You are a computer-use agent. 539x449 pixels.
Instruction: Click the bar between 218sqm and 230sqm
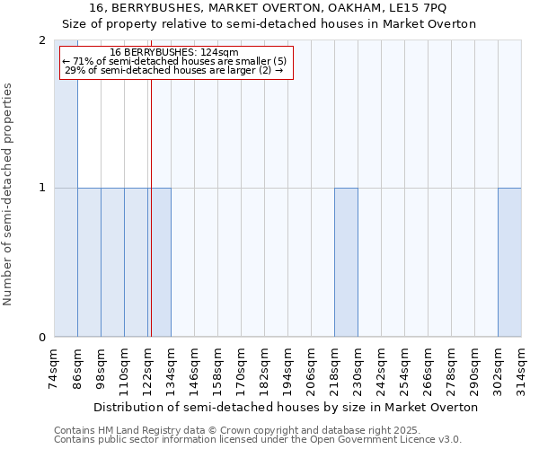coord(346,262)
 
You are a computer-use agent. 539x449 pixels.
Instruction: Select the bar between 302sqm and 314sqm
coord(509,262)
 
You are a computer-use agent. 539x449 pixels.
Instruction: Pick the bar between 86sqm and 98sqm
coord(89,262)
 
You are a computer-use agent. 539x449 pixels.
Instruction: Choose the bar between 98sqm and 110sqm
coord(112,262)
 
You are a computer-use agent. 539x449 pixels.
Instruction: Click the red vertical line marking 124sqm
coord(151,224)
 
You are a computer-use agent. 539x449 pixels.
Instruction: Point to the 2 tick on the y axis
coord(42,40)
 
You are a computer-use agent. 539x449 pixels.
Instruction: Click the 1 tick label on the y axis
coord(42,188)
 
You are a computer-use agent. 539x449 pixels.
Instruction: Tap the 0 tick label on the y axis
coord(42,338)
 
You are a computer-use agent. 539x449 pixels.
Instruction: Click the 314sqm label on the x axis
coord(522,367)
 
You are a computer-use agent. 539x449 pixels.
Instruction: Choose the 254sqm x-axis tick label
coord(405,367)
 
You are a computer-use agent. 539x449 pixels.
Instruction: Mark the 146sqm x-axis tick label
coord(195,367)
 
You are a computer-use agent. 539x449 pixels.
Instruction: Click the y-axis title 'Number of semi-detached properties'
coord(9,194)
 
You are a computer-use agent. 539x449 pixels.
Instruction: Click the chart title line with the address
coord(269,8)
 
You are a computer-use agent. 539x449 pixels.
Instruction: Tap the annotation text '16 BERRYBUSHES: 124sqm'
coord(174,53)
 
